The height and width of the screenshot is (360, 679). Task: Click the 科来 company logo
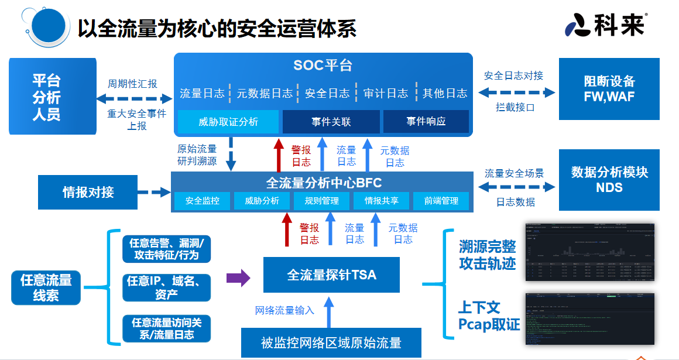(606, 25)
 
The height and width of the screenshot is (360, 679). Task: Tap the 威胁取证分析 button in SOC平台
(228, 122)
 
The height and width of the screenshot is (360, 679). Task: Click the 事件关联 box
(331, 122)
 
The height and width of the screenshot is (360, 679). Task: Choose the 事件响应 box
(426, 122)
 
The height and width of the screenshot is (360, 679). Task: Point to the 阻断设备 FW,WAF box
(609, 90)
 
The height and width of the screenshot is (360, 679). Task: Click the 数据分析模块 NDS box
(609, 180)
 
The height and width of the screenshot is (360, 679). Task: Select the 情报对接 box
(88, 191)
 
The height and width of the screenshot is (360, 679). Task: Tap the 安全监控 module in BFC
(203, 201)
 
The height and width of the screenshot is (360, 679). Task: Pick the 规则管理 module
(321, 201)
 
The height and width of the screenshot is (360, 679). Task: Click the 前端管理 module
(441, 201)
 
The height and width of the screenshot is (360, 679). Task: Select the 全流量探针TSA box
(331, 275)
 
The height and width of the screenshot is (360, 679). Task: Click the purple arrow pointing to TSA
(238, 277)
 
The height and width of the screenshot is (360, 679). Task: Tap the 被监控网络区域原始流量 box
(331, 342)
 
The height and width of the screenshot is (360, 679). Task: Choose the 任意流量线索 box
(46, 288)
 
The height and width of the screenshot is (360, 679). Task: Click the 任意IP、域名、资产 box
(166, 288)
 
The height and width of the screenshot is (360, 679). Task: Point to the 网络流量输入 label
(284, 310)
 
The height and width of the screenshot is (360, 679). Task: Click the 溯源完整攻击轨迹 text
(487, 255)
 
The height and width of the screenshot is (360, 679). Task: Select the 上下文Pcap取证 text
(488, 316)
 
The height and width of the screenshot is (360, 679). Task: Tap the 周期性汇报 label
(132, 84)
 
